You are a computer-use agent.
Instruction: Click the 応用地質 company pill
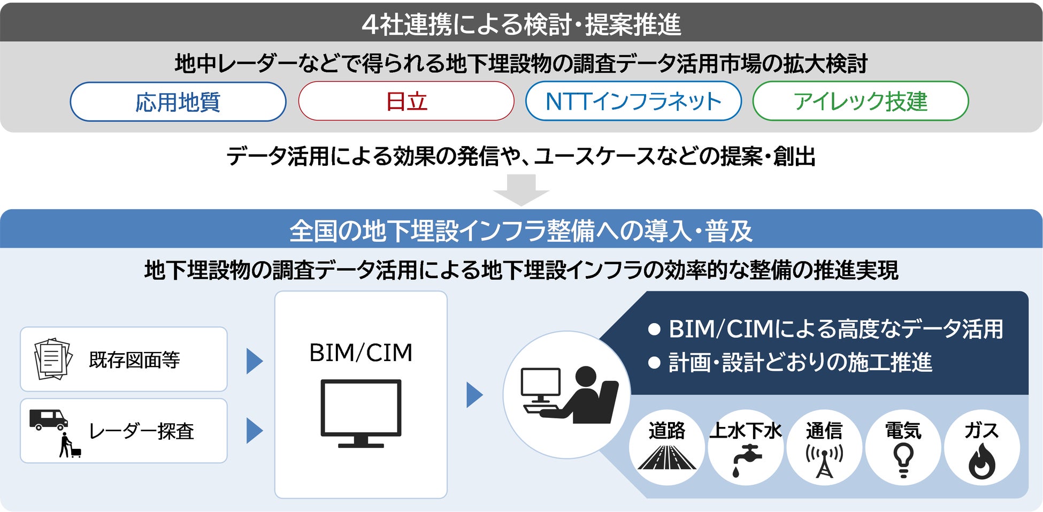(x=178, y=102)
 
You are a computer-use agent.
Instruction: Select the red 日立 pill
(x=406, y=101)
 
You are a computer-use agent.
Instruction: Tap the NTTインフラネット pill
(x=633, y=101)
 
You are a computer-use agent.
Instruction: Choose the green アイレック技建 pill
(x=860, y=101)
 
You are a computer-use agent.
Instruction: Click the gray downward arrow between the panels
(x=521, y=190)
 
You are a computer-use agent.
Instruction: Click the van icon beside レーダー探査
(x=48, y=419)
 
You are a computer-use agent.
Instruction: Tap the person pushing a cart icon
(x=69, y=445)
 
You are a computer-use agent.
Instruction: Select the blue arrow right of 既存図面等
(x=254, y=361)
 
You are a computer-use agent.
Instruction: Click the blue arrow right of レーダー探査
(x=254, y=431)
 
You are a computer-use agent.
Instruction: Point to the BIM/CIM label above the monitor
(x=361, y=353)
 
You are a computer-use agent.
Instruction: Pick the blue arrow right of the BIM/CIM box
(x=474, y=395)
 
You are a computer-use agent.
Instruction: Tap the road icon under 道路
(x=666, y=458)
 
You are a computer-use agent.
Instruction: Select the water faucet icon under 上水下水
(x=746, y=459)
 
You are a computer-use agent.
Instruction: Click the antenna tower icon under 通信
(x=824, y=460)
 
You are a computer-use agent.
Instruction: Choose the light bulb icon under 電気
(x=903, y=460)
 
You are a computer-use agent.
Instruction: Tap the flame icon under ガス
(x=981, y=461)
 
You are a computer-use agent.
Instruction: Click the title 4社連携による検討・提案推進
(x=521, y=24)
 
